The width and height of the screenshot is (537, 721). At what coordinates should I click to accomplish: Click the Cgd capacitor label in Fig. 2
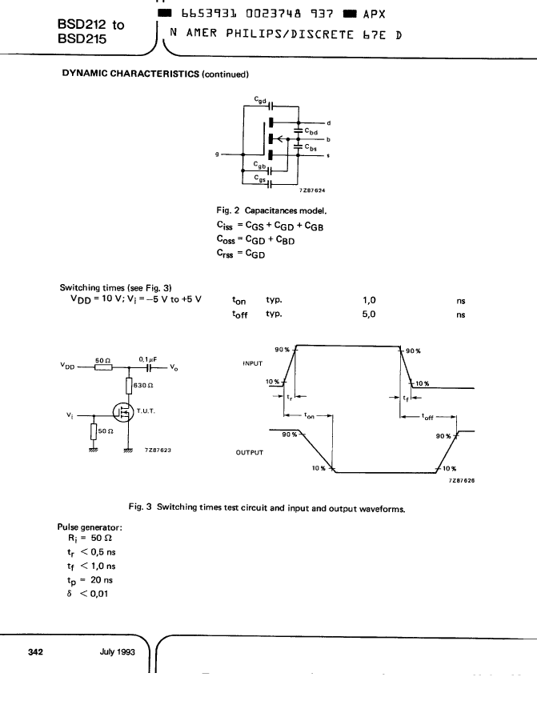260,100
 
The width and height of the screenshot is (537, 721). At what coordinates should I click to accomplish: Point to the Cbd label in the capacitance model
311,131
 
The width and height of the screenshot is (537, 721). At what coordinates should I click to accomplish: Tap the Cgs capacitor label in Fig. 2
260,178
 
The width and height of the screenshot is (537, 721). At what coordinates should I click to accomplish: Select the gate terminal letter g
217,154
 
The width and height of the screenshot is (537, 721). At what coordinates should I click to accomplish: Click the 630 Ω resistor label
143,386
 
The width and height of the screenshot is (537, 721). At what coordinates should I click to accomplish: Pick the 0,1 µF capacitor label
147,359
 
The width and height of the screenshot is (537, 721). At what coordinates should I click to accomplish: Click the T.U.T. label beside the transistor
146,411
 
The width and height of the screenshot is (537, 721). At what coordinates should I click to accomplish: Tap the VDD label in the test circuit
67,366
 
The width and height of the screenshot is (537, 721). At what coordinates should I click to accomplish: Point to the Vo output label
174,367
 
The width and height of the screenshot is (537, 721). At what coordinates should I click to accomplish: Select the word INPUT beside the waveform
252,363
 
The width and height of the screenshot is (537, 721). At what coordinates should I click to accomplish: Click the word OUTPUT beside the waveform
250,452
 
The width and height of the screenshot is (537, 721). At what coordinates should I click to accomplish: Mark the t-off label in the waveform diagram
427,417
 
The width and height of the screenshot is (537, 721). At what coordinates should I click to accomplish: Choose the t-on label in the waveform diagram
310,415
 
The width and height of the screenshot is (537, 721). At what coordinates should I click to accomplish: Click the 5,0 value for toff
369,314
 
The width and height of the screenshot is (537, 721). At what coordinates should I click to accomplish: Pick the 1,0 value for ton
369,300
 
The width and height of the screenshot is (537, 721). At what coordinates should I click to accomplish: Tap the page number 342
35,651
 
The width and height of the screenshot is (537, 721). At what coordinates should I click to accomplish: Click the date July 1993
117,651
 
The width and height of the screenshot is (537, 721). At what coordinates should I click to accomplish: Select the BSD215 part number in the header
82,38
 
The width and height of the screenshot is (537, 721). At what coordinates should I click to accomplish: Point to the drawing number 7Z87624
312,190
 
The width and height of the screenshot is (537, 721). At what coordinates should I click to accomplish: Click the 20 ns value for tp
102,580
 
